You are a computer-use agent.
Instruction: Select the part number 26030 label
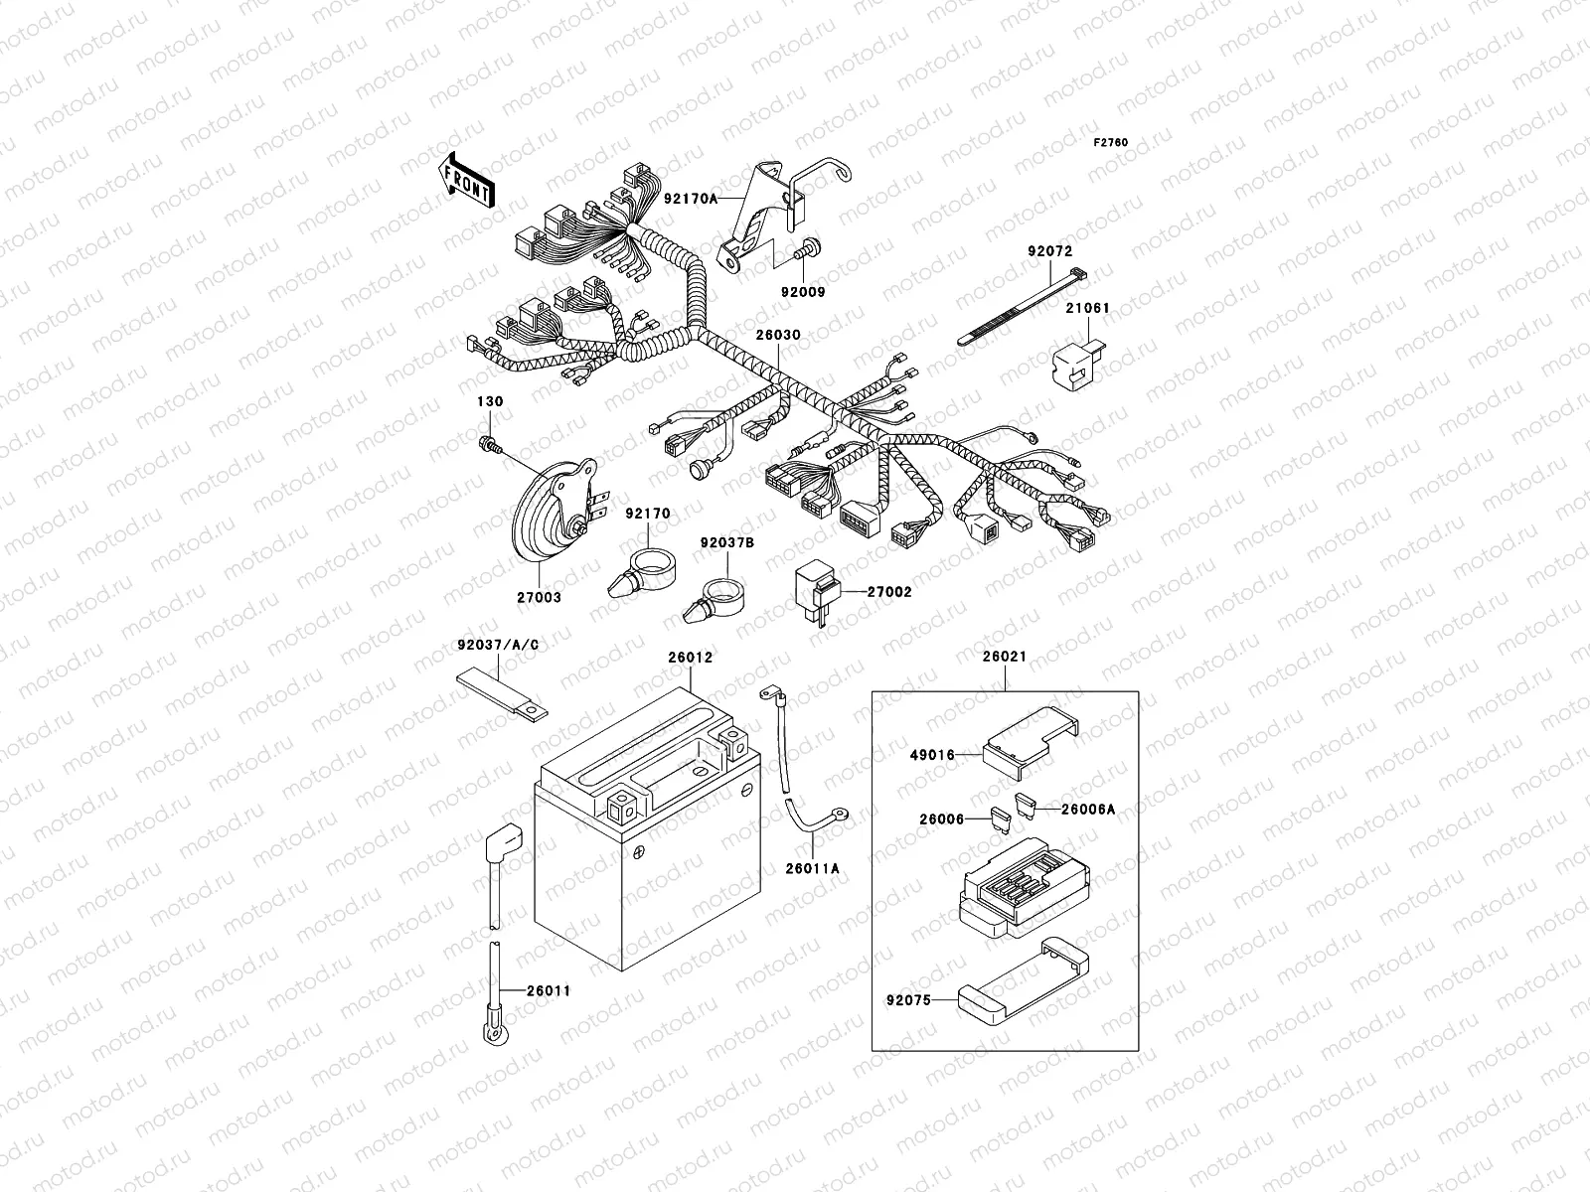tap(776, 337)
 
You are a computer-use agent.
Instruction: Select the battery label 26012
tap(690, 658)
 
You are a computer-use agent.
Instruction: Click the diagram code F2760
tap(1111, 143)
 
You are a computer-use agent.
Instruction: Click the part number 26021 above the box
tap(1004, 658)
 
